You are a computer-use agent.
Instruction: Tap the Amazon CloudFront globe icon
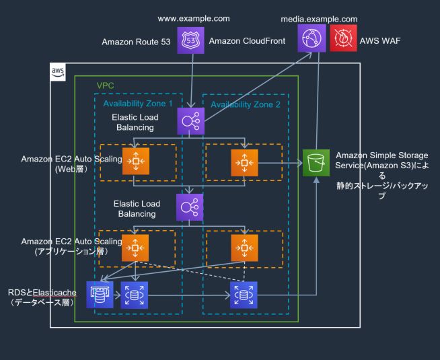click(x=311, y=40)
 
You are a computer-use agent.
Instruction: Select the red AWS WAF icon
click(x=343, y=40)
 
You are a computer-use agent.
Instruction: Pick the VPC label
click(x=106, y=87)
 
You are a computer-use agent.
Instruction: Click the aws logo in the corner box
click(x=59, y=71)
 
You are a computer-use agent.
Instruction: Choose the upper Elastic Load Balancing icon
click(x=189, y=122)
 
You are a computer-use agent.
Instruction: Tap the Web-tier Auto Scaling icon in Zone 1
click(x=135, y=162)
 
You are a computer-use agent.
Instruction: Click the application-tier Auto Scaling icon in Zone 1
click(x=135, y=247)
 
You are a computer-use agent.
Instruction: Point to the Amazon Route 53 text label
click(x=136, y=41)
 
